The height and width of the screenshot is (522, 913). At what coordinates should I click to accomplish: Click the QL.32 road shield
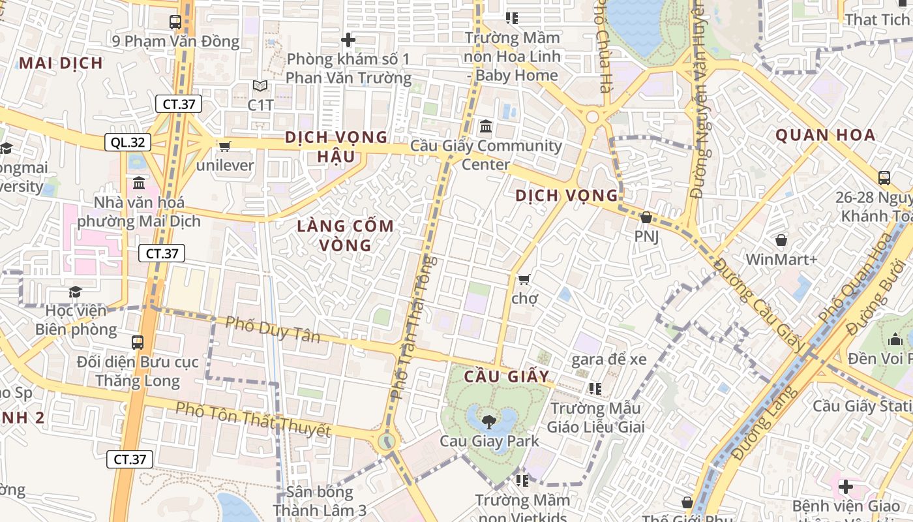tap(128, 142)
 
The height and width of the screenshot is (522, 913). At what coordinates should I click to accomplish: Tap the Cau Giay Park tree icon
tap(488, 422)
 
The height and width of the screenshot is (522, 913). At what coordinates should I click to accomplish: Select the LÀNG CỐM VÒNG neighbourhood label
tap(345, 236)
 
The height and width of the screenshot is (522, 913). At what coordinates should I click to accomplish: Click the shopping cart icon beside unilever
tap(225, 146)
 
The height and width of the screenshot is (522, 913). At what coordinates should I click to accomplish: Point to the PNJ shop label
tap(646, 236)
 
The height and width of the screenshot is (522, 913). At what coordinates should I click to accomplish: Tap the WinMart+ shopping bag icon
tap(781, 240)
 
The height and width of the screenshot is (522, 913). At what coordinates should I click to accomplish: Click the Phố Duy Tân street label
tap(273, 330)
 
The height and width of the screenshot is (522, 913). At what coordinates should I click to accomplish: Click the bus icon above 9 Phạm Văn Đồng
tap(175, 22)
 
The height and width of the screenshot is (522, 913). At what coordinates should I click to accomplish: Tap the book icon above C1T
tap(260, 85)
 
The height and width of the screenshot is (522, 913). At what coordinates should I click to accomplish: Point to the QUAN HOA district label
tap(824, 136)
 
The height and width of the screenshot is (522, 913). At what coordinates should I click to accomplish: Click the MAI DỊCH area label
tap(61, 63)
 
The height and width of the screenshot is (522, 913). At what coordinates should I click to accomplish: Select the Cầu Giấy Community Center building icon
tap(485, 126)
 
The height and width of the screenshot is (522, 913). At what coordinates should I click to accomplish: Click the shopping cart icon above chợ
tap(524, 279)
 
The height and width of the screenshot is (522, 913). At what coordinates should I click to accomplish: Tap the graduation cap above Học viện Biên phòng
tap(76, 291)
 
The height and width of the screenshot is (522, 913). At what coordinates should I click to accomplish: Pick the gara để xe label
tap(608, 359)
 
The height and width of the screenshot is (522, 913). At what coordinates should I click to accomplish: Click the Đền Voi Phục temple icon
tap(895, 339)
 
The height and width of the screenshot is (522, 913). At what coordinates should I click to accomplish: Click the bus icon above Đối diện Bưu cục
tap(138, 342)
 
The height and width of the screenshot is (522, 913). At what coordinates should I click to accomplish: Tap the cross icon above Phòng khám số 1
tap(348, 40)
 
